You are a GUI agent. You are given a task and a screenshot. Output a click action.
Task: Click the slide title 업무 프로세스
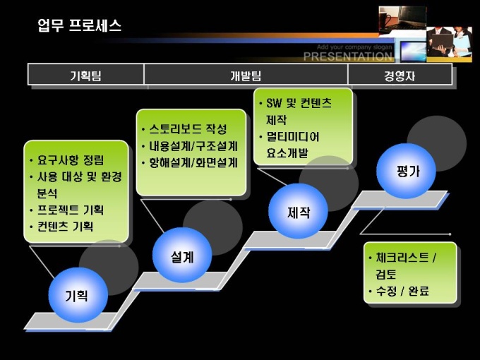79,26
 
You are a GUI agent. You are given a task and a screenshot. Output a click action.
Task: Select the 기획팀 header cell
85,75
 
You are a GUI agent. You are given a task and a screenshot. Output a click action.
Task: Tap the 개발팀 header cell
246,75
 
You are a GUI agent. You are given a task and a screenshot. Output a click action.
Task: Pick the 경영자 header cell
400,75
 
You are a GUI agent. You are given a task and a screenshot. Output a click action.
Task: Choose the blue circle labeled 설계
182,256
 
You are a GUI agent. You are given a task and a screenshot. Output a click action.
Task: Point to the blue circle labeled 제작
298,212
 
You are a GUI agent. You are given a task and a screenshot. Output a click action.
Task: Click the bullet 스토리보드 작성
188,129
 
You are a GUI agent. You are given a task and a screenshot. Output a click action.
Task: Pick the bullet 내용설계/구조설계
193,146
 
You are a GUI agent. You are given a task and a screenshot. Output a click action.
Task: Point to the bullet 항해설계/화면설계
193,163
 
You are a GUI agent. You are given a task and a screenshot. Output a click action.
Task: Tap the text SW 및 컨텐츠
299,103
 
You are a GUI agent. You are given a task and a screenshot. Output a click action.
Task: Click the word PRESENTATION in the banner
348,57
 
